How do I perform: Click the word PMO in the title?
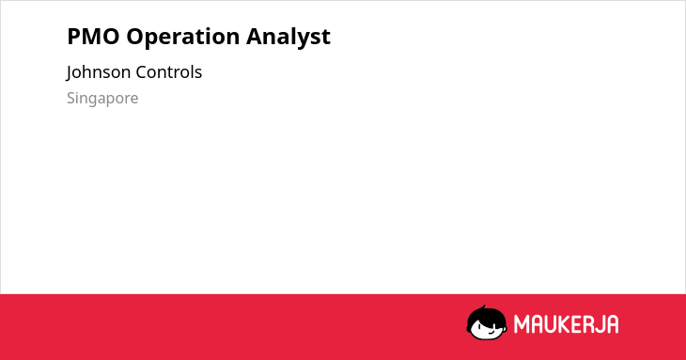tap(93, 37)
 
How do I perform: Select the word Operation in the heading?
tap(182, 37)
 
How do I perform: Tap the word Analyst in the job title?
tap(288, 37)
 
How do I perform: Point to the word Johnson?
tap(99, 72)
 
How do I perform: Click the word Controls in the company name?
tap(169, 72)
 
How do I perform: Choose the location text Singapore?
tap(102, 99)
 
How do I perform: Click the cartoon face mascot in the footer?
tap(487, 322)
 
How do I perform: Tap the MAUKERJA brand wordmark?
tap(566, 324)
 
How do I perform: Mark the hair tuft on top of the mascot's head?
tap(483, 307)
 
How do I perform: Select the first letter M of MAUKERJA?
tap(522, 324)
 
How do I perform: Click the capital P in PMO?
tap(73, 37)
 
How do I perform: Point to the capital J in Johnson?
tap(70, 73)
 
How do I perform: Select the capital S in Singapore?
tap(71, 98)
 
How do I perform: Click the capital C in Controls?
tap(141, 72)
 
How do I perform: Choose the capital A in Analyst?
tap(254, 37)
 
